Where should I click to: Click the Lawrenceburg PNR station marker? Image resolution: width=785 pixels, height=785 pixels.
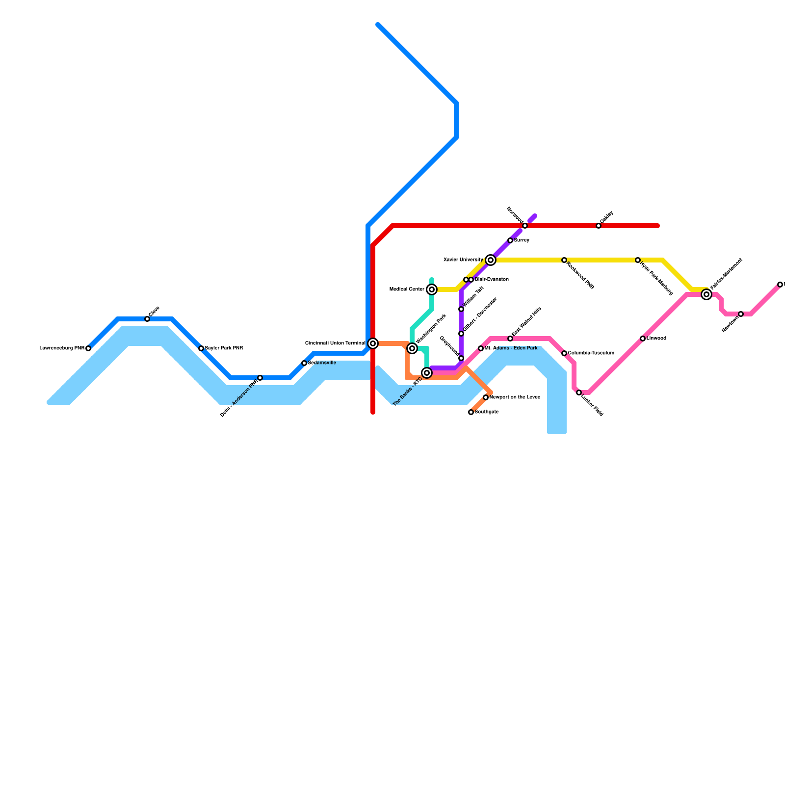[x=88, y=348]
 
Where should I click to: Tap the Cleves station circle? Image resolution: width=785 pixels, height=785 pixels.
[x=147, y=319]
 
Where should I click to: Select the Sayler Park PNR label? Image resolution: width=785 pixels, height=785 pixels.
[x=224, y=348]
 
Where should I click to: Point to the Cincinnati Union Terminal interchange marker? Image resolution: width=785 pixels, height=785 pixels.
[x=373, y=343]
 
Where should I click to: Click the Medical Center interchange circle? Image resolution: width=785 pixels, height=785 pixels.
[x=432, y=289]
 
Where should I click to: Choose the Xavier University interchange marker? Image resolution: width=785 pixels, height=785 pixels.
[x=491, y=260]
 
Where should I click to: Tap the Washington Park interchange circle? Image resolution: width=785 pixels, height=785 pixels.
[x=412, y=348]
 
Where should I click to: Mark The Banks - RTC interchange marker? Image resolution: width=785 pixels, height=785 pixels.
[x=427, y=373]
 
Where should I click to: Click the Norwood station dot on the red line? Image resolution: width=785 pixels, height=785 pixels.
[x=525, y=226]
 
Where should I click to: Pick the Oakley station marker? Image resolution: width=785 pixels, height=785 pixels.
[x=599, y=226]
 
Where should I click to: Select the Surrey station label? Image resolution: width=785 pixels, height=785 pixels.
[x=522, y=240]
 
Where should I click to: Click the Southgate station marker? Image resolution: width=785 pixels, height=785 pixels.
[x=471, y=412]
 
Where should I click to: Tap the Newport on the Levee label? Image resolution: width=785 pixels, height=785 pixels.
[x=515, y=397]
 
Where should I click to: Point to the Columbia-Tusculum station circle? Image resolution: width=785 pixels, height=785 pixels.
[x=564, y=353]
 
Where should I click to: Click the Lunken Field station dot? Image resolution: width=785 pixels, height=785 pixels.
[x=579, y=392]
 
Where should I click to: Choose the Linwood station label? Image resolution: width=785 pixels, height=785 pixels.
[x=656, y=339]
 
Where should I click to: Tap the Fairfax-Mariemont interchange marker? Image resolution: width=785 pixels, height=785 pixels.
[x=706, y=294]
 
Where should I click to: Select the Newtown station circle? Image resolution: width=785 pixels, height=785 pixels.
[x=741, y=314]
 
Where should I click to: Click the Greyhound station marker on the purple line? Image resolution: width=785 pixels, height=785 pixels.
[x=461, y=358]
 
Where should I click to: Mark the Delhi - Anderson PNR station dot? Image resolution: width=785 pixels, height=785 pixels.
[x=260, y=378]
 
